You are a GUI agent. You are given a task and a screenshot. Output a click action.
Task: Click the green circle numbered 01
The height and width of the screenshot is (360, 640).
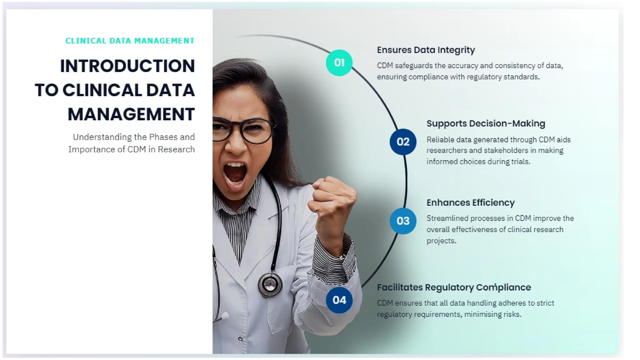(339, 63)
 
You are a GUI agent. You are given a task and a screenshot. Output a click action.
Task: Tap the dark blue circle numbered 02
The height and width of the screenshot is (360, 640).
(403, 142)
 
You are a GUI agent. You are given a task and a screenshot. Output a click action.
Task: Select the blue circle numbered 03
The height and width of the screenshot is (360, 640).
(403, 221)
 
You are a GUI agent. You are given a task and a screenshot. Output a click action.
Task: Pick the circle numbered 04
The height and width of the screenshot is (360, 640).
(339, 300)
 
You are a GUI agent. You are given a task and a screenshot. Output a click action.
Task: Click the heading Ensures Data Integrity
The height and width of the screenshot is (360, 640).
(426, 50)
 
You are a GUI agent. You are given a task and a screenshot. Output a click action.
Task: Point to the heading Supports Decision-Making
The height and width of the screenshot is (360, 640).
(486, 123)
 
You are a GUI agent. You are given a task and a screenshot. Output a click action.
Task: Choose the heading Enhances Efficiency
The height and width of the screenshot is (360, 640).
(470, 202)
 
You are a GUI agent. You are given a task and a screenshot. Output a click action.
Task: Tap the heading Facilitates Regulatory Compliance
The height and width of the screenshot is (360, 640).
(454, 287)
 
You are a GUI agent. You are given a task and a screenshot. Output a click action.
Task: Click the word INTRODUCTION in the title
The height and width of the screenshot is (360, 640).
(127, 66)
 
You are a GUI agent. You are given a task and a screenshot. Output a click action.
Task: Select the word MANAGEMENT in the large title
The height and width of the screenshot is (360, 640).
(131, 114)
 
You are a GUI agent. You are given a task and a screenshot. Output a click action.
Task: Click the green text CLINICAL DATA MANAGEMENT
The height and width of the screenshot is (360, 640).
(130, 41)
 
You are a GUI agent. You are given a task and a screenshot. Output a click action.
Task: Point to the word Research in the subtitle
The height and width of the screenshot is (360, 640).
(176, 149)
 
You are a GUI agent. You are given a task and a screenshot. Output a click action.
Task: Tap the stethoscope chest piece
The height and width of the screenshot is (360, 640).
(270, 284)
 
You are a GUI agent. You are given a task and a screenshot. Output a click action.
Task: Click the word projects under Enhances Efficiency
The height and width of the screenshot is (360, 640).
(441, 241)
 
